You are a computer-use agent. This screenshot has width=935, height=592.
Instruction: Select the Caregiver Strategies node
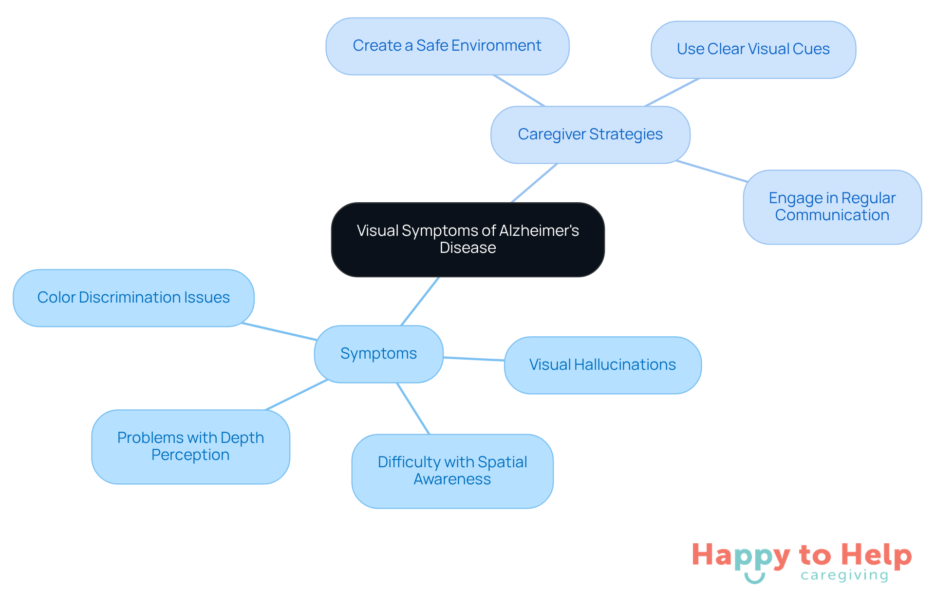pyautogui.click(x=590, y=134)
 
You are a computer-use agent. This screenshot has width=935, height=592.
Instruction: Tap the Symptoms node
pyautogui.click(x=378, y=354)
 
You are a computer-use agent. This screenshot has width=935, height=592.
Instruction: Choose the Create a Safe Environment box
pyautogui.click(x=447, y=46)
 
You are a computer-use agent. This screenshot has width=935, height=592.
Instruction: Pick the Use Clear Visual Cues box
pyautogui.click(x=753, y=49)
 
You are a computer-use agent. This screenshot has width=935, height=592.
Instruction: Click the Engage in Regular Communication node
pyautogui.click(x=832, y=207)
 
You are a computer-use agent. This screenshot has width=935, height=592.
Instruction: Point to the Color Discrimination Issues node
pyautogui.click(x=133, y=298)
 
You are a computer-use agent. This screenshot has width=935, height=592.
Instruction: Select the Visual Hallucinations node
pyautogui.click(x=602, y=365)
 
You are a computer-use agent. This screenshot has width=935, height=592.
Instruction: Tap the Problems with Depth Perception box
pyautogui.click(x=190, y=446)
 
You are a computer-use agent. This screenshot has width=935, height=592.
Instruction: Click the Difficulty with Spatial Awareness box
pyautogui.click(x=452, y=471)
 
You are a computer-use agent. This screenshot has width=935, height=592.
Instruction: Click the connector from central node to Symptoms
pyautogui.click(x=420, y=301)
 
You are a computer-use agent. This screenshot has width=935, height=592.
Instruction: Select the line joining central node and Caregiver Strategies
pyautogui.click(x=534, y=183)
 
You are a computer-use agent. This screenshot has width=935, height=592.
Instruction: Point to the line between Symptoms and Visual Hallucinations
pyautogui.click(x=473, y=359)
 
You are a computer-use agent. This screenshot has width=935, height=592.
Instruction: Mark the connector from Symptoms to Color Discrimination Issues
pyautogui.click(x=279, y=331)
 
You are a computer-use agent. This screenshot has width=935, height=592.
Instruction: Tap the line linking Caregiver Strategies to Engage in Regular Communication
pyautogui.click(x=711, y=171)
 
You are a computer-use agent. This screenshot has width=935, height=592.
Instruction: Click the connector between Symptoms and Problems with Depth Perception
pyautogui.click(x=296, y=395)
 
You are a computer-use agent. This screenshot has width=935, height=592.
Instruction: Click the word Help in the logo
pyautogui.click(x=876, y=555)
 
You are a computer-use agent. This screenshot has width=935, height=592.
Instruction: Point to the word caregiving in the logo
pyautogui.click(x=844, y=575)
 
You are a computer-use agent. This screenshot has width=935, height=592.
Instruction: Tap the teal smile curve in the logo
pyautogui.click(x=754, y=578)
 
